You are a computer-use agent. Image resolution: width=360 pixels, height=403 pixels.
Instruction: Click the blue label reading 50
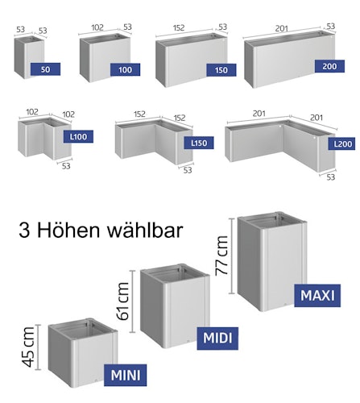click(x=45, y=69)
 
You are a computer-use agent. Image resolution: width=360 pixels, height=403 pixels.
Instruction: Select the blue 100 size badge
click(x=125, y=70)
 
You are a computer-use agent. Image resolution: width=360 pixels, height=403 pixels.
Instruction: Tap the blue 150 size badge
click(x=221, y=70)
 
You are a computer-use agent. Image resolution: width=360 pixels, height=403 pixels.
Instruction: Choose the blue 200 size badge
click(x=329, y=66)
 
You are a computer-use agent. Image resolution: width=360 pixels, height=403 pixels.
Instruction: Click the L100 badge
click(x=78, y=136)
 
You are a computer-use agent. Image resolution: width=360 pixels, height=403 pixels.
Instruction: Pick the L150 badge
click(x=199, y=143)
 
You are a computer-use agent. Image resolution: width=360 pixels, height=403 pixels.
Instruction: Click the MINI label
click(x=126, y=375)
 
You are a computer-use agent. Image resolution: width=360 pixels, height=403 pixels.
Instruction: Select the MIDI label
click(x=217, y=339)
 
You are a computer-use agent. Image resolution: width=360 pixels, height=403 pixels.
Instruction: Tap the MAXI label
click(x=317, y=296)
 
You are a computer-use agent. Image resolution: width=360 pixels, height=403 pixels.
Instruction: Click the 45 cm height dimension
click(x=28, y=347)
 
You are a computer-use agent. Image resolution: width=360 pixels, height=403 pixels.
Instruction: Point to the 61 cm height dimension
click(x=123, y=301)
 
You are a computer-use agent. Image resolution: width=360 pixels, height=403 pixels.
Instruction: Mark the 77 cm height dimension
click(x=221, y=256)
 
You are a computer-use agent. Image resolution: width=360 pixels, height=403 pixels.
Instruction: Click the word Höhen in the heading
click(x=69, y=231)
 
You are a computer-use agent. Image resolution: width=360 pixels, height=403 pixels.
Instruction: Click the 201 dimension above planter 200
click(x=282, y=28)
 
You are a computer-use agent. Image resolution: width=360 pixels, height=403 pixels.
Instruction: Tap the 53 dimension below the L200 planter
click(x=331, y=177)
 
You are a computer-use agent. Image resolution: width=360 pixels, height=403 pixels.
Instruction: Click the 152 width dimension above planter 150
click(x=179, y=27)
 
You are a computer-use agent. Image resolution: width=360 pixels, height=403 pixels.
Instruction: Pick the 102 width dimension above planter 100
click(x=97, y=27)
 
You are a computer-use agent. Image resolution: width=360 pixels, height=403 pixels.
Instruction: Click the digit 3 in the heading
click(x=24, y=231)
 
